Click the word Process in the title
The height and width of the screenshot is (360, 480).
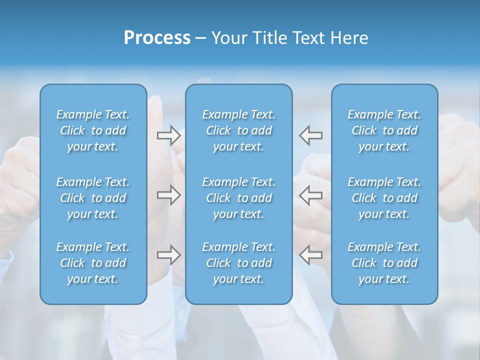(x=157, y=38)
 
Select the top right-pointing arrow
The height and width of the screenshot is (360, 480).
(x=169, y=135)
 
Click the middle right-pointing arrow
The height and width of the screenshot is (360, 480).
(x=169, y=195)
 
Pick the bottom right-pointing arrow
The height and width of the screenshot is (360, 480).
(x=169, y=255)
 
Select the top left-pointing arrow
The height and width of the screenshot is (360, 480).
(x=310, y=135)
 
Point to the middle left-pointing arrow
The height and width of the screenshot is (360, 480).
(x=310, y=195)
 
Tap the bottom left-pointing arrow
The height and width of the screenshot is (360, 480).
(x=310, y=255)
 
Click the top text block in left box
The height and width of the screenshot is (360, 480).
(x=93, y=130)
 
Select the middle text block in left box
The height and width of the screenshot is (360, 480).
(x=93, y=198)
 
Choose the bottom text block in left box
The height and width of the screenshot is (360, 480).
(x=93, y=263)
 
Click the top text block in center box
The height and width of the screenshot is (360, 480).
(x=238, y=130)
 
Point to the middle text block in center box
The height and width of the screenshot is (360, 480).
(x=238, y=198)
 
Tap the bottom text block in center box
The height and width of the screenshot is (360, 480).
(x=238, y=263)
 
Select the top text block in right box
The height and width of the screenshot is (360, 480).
(x=384, y=130)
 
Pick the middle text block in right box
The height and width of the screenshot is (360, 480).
(x=384, y=198)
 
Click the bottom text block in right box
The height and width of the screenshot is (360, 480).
(x=384, y=263)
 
